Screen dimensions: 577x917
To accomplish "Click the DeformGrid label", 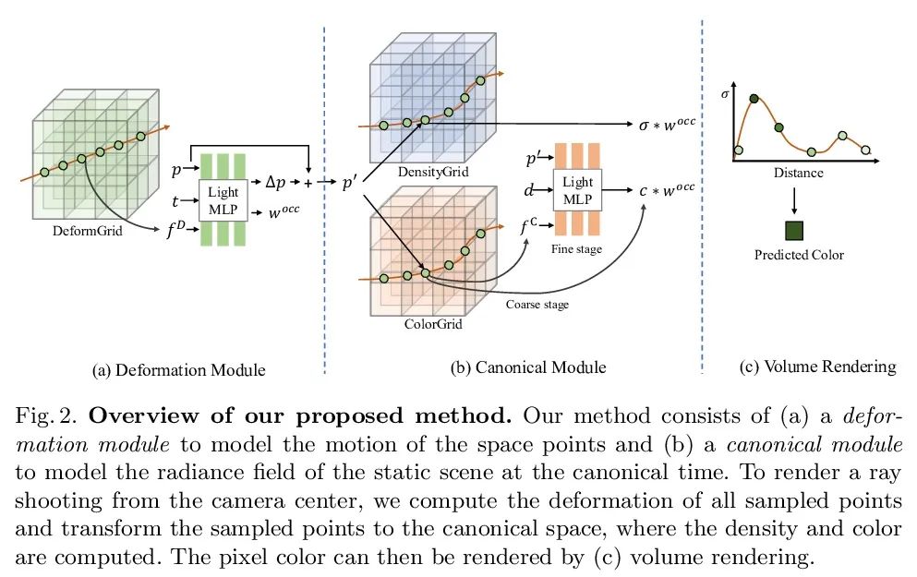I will [x=90, y=232].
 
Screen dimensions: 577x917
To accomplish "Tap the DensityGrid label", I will [x=432, y=173].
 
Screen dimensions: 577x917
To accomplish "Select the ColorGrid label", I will [x=433, y=324].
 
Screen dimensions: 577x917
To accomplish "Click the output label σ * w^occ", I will [x=666, y=124].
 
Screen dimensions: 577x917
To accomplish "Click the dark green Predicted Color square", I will [x=794, y=231].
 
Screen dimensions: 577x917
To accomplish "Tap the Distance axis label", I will [x=799, y=173].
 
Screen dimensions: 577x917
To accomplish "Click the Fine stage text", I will [x=576, y=249].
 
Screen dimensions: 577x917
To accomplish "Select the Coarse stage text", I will [x=537, y=305].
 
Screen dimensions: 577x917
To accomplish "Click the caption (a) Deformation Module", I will [x=179, y=370].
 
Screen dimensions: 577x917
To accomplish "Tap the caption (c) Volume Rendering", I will [x=818, y=367].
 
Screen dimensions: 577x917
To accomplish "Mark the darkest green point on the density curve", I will [x=754, y=99].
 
